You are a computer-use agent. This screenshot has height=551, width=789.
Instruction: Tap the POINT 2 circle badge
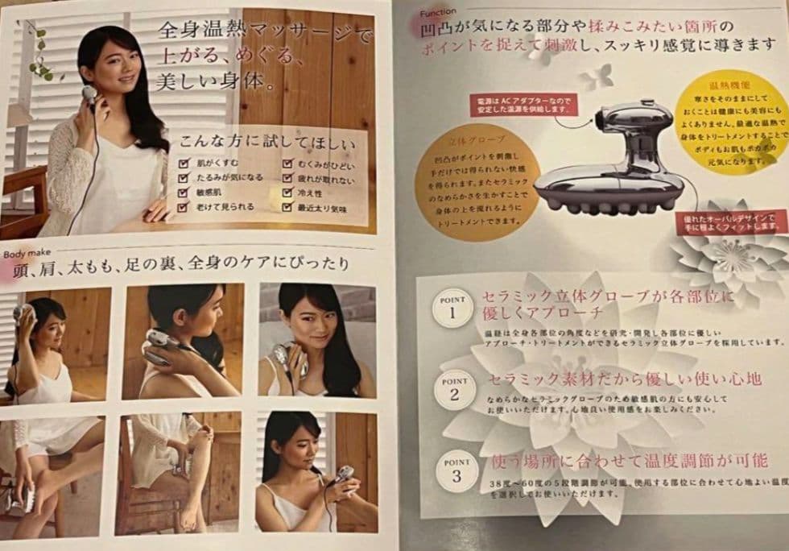coord(455,389)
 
